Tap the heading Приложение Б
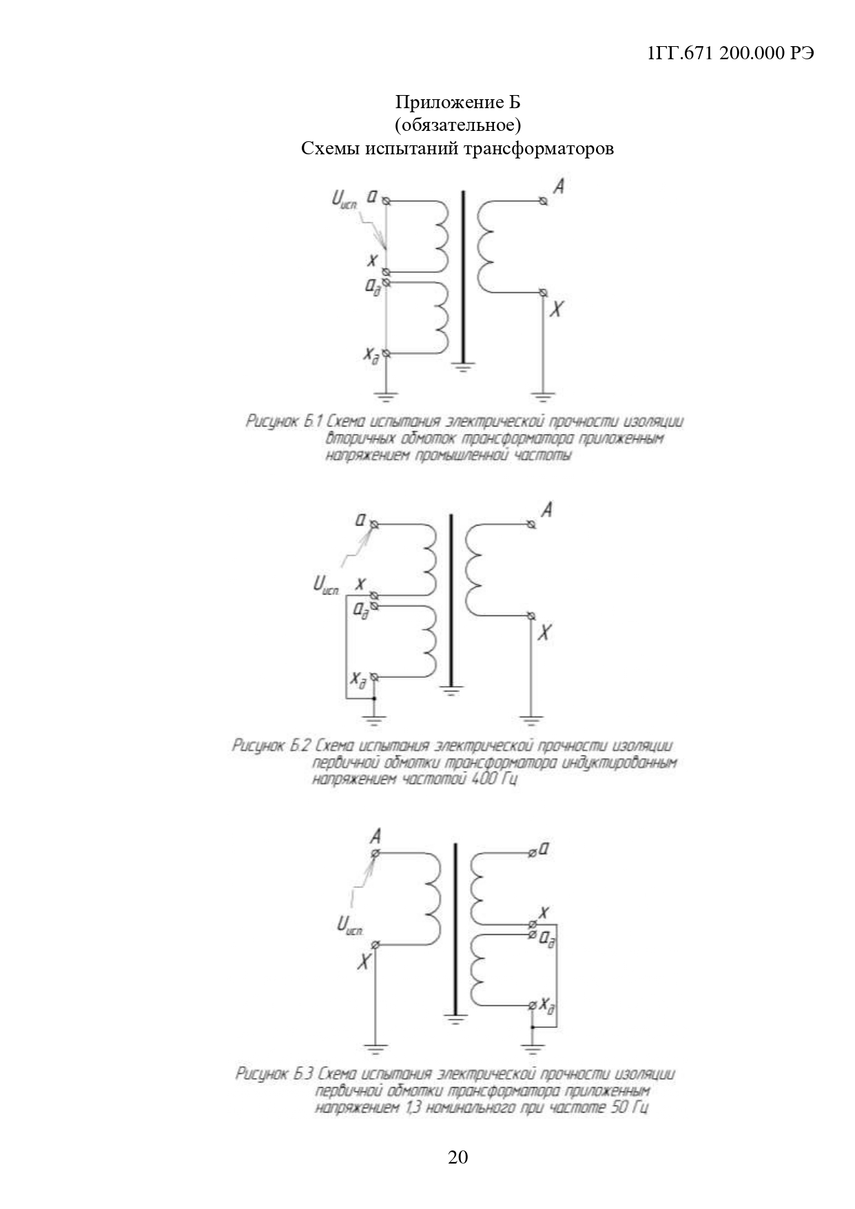(x=457, y=103)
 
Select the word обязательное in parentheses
(x=457, y=125)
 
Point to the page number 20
(x=457, y=1157)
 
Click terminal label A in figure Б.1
(x=559, y=186)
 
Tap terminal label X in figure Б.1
(x=557, y=309)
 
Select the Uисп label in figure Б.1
(x=345, y=200)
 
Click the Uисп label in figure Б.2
(x=327, y=586)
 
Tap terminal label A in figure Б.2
(x=546, y=510)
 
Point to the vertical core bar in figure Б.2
(x=451, y=599)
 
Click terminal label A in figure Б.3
(x=375, y=837)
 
